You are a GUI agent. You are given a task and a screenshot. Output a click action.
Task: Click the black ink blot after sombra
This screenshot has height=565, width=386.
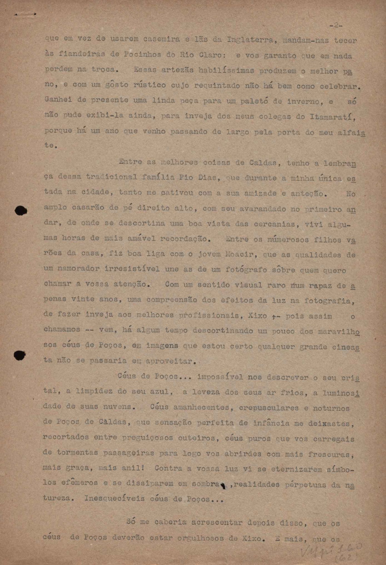[x=223, y=485]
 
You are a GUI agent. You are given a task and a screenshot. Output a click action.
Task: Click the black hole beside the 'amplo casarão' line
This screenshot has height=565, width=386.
[x=21, y=211]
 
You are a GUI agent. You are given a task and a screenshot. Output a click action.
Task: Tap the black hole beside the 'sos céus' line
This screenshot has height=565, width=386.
[x=19, y=355]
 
